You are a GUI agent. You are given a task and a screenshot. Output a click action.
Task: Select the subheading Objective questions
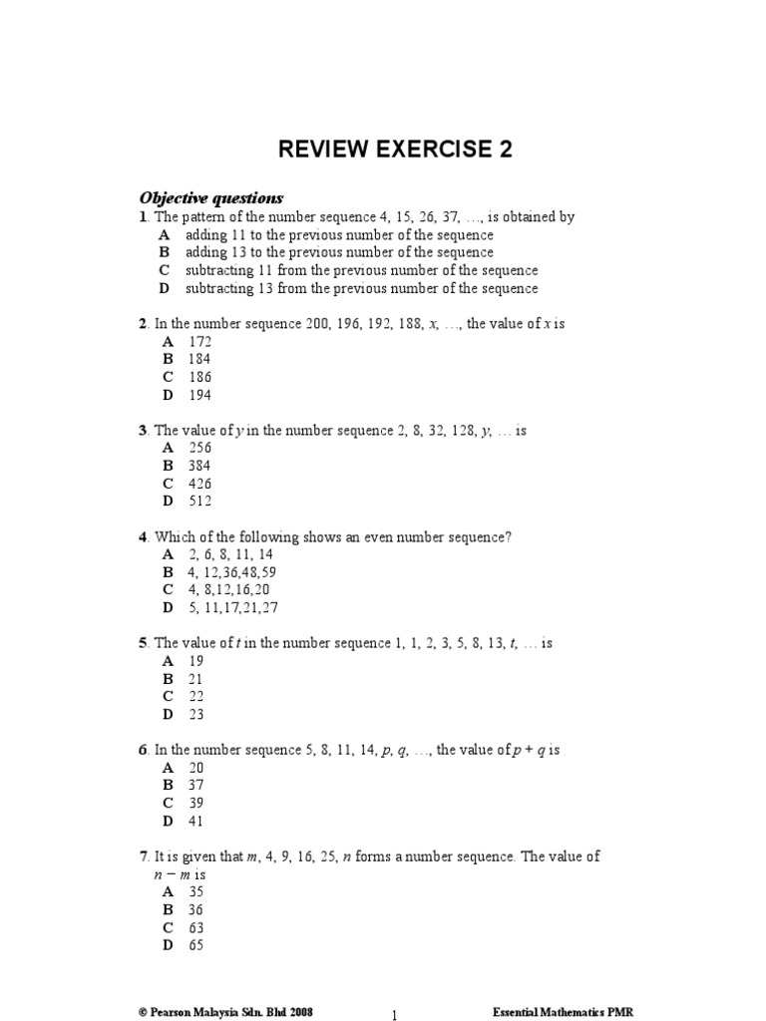(211, 197)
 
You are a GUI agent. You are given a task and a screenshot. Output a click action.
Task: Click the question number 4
(143, 536)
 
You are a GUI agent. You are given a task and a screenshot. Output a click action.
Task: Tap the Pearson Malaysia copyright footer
(226, 1010)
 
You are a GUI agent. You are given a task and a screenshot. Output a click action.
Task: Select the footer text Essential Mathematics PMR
(564, 1010)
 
